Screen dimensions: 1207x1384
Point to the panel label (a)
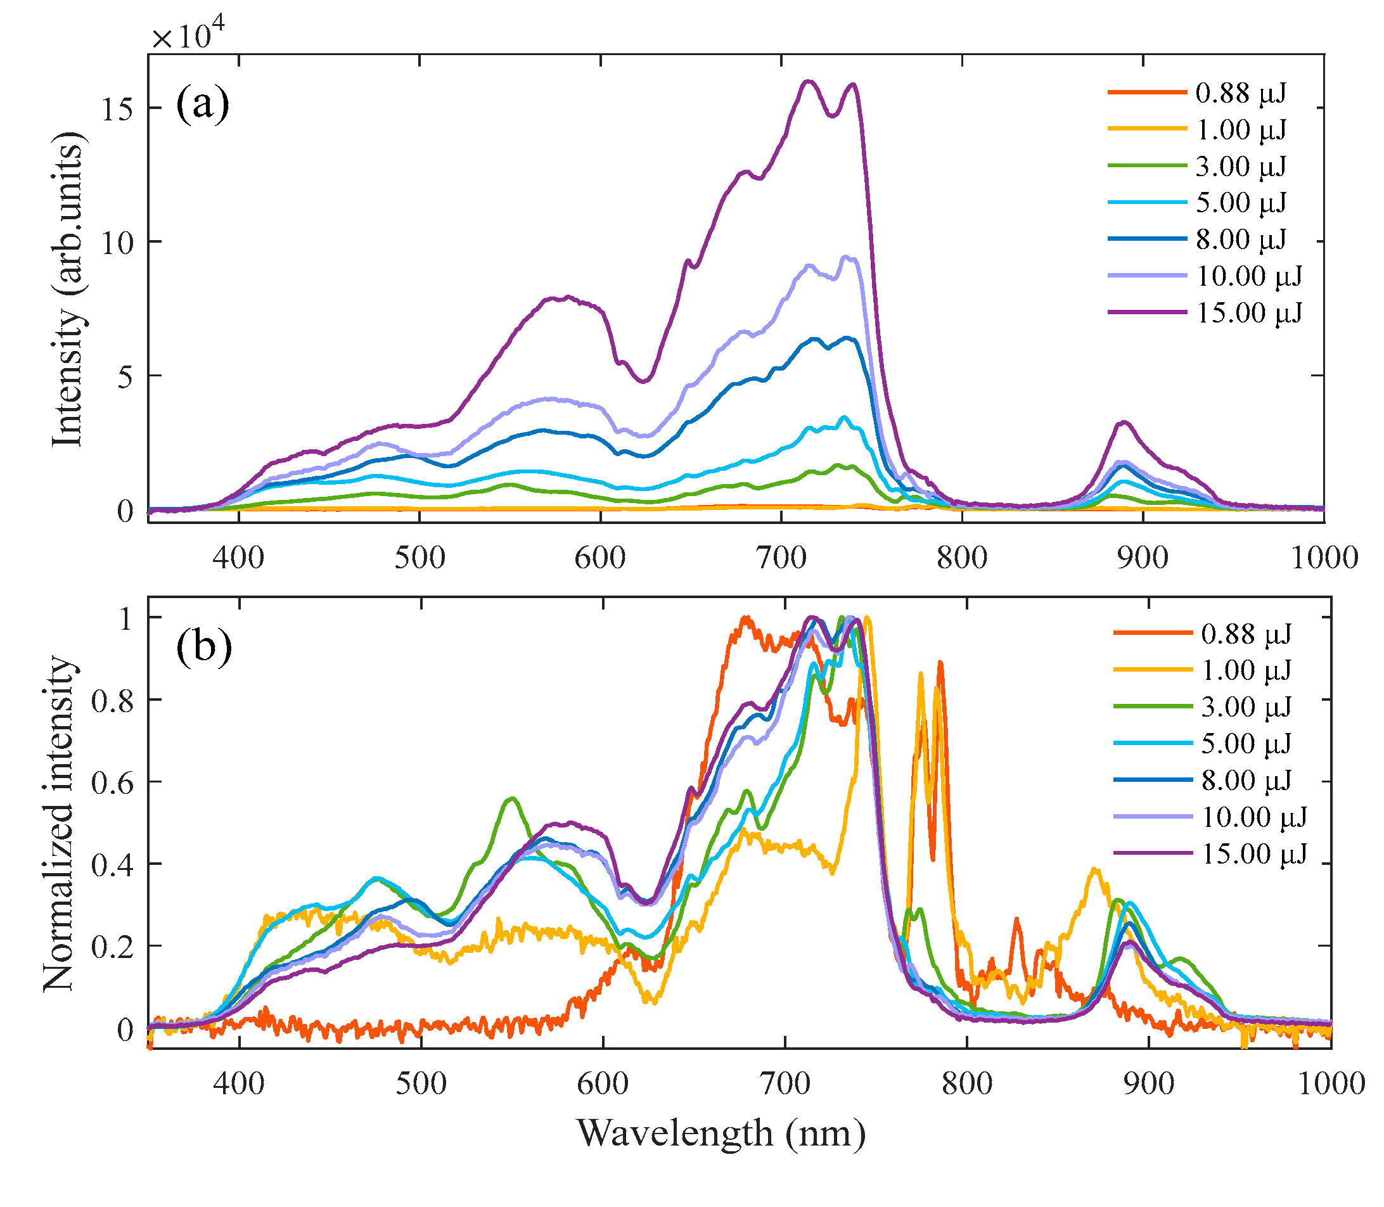pos(202,105)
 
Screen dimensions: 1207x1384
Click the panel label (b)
pos(203,647)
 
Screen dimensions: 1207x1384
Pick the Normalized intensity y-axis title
pos(60,823)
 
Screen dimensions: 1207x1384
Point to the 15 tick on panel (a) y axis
pos(117,108)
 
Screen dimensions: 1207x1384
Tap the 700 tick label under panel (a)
pos(781,558)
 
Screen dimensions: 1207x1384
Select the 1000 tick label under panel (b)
pos(1330,1085)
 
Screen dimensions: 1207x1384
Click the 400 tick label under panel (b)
pos(239,1085)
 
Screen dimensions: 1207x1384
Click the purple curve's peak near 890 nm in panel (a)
pos(1124,423)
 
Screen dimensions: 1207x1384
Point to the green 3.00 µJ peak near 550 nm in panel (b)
pos(513,799)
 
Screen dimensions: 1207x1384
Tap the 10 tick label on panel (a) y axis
pos(117,243)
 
